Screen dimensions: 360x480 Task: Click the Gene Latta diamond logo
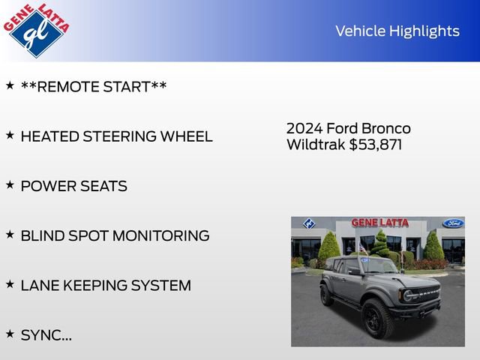coord(35,30)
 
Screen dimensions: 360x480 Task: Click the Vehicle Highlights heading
coord(397,31)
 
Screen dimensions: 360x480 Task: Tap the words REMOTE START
coord(94,87)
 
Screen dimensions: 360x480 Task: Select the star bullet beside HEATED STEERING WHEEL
coord(10,135)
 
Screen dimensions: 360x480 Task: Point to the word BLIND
coord(43,235)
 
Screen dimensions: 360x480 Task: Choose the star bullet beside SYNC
coord(10,333)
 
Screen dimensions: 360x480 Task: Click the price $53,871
coord(376,145)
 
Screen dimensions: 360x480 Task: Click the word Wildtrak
coord(316,145)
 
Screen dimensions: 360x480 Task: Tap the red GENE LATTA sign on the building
coord(381,223)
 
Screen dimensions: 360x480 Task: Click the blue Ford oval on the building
coord(452,223)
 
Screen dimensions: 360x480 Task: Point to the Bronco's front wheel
coord(376,318)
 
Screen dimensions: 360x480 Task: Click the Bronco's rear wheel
coord(326,295)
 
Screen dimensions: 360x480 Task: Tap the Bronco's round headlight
coord(409,295)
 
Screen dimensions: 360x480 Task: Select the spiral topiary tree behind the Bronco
coord(380,243)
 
